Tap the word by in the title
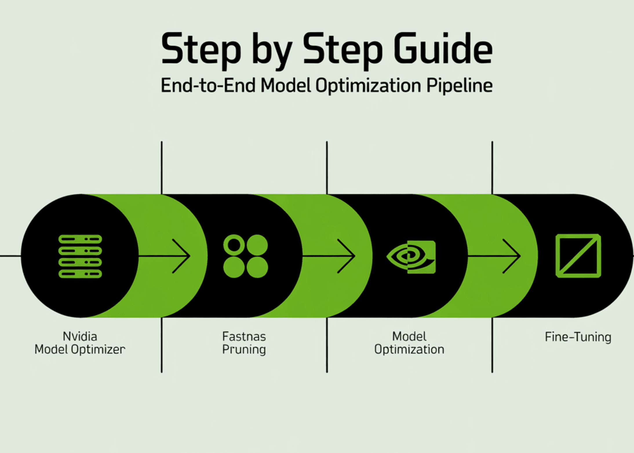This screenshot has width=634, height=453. tap(272, 51)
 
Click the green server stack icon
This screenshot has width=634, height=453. tap(80, 256)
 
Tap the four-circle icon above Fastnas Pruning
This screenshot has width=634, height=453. tap(245, 256)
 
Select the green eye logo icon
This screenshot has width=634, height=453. tap(411, 257)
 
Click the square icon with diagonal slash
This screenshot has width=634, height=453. tap(578, 256)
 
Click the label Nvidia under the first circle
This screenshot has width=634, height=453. tap(80, 336)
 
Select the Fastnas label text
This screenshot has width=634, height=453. tap(244, 336)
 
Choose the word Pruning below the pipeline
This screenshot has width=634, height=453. tap(244, 350)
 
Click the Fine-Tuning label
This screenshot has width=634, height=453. tap(578, 337)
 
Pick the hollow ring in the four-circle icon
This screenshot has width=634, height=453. tap(234, 245)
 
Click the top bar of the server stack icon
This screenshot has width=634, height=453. tap(80, 239)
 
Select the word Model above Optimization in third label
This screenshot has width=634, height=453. tap(409, 336)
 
